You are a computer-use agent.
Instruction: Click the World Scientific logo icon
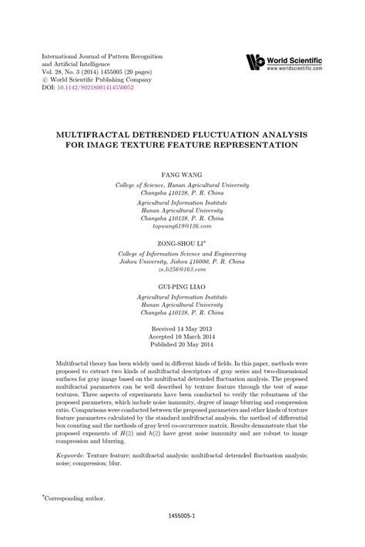[256, 62]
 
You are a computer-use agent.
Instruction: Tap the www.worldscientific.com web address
[306, 68]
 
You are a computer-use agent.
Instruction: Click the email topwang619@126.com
[182, 205]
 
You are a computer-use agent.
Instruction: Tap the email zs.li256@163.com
[182, 249]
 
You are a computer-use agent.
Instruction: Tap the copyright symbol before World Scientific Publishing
[45, 79]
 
